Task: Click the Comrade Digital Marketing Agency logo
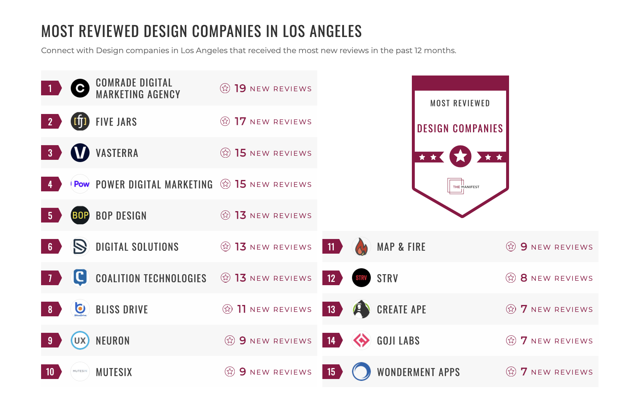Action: (x=80, y=88)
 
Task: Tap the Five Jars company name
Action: (x=116, y=122)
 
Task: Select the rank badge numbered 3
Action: (x=51, y=153)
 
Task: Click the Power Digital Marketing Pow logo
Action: (x=80, y=184)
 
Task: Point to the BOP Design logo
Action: (x=80, y=215)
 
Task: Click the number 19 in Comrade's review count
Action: (x=240, y=88)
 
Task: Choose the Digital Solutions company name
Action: (x=137, y=247)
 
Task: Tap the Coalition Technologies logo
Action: (x=80, y=277)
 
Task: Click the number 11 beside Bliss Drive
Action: (x=241, y=309)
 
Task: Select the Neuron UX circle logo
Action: (x=80, y=341)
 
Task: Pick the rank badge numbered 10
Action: (x=51, y=372)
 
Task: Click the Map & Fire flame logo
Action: (x=361, y=247)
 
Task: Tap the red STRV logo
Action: (x=361, y=278)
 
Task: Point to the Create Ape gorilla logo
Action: (x=361, y=309)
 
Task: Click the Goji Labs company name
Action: (x=398, y=341)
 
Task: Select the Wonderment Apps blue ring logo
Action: (x=361, y=372)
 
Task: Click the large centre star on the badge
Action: (x=460, y=157)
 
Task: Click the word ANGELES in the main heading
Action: (x=336, y=32)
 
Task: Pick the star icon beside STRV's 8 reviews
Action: (x=511, y=278)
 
